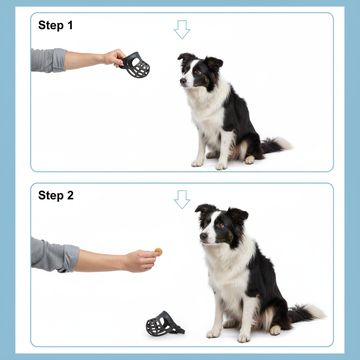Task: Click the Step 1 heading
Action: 55,25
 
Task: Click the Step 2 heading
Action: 56,195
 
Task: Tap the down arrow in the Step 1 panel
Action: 182,30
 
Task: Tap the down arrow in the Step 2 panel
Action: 182,199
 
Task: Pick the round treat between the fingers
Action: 159,251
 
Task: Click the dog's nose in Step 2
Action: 204,236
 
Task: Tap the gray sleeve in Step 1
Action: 49,60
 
